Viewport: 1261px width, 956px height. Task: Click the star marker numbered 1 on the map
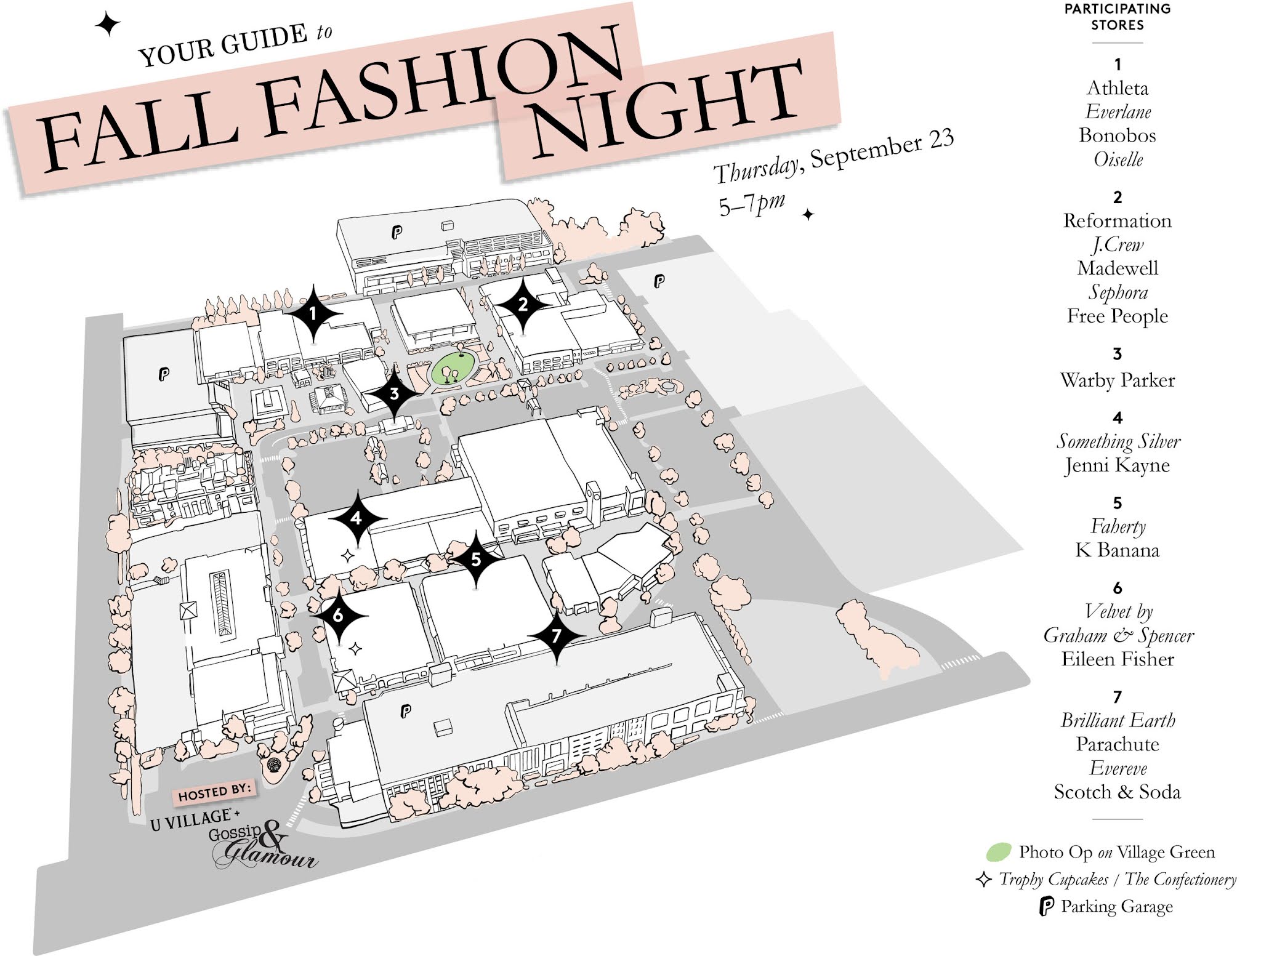(313, 314)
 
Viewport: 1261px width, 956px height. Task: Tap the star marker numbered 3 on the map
(394, 393)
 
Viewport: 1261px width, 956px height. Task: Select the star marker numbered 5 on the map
(475, 559)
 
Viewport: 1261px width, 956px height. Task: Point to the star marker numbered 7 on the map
(557, 635)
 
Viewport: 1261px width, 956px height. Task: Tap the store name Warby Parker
(1117, 380)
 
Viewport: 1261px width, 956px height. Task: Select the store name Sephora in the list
(1117, 292)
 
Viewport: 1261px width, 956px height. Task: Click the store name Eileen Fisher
(1117, 659)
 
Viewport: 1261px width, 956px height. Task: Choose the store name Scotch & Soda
(1117, 792)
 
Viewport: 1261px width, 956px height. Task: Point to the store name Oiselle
(1118, 159)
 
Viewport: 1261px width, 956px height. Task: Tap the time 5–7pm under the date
(751, 204)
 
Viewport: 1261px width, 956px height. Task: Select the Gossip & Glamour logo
(262, 846)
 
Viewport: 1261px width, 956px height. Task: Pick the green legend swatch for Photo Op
(998, 852)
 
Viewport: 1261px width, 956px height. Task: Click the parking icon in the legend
(1046, 907)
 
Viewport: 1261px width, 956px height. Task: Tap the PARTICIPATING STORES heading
(1117, 17)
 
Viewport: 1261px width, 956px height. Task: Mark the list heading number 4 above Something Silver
(1117, 418)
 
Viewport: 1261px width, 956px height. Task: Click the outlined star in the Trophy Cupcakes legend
(983, 880)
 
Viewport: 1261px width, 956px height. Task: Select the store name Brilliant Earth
(1117, 720)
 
